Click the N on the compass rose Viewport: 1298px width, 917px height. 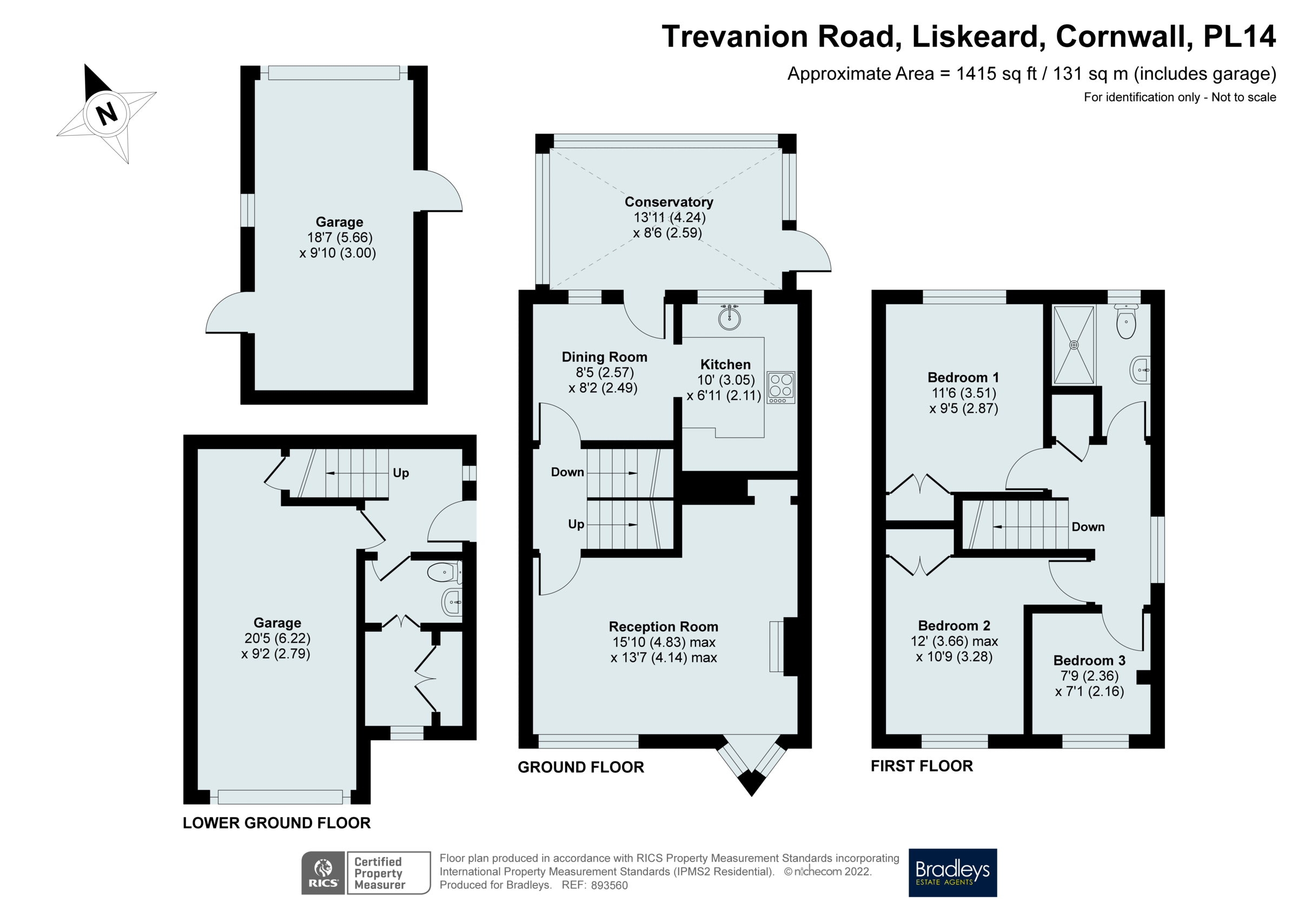coord(107,113)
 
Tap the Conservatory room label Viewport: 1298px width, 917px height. coord(668,202)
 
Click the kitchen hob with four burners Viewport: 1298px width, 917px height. coord(781,387)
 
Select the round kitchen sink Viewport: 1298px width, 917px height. coord(729,318)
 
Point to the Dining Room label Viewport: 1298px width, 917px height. coord(604,357)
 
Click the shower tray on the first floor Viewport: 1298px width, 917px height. coord(1074,345)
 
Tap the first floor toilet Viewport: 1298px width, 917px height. coord(1125,322)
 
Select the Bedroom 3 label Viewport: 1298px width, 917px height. coord(1089,660)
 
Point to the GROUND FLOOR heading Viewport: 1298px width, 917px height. coord(581,767)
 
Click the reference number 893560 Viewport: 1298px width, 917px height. coord(609,885)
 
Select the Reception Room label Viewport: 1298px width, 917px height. coord(663,627)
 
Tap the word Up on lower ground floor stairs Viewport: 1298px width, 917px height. coord(400,473)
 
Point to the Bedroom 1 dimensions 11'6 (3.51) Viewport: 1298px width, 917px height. coord(963,393)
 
